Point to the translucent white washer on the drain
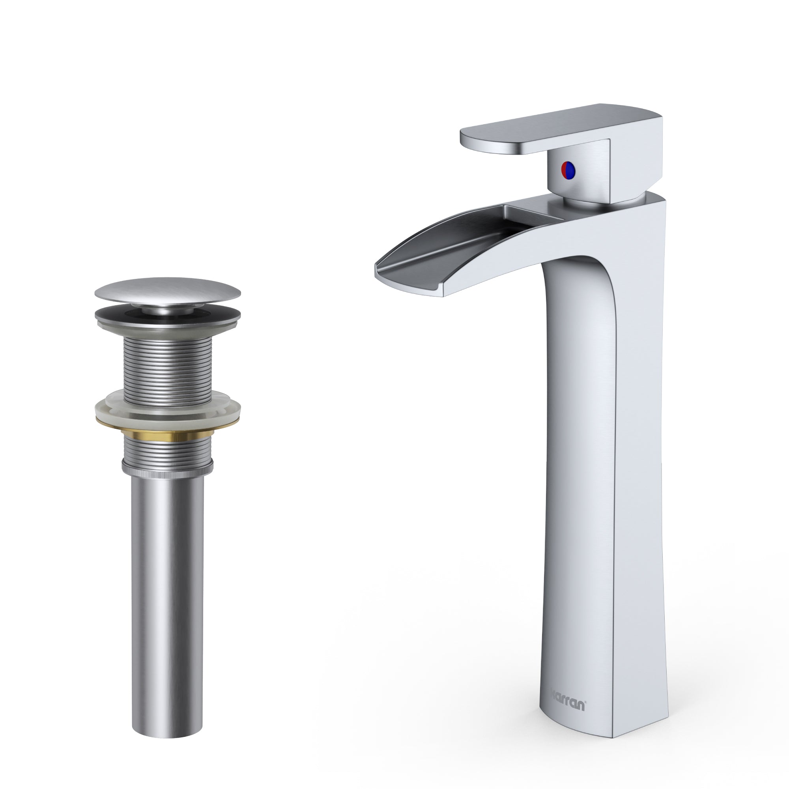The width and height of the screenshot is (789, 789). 167,410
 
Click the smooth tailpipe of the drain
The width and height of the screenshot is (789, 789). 167,572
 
